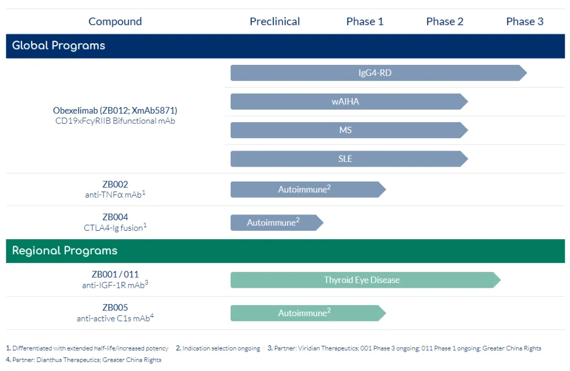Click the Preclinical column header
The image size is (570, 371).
pos(275,22)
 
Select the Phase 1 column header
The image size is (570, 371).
pos(365,22)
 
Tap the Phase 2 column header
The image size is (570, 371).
pos(444,22)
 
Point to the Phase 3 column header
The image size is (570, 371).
pos(525,22)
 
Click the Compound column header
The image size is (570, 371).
pos(115,22)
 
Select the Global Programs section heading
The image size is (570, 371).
pos(59,45)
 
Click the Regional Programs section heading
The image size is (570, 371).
pos(65,250)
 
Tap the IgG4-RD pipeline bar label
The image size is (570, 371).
pos(375,73)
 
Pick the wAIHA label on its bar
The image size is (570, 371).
pos(345,102)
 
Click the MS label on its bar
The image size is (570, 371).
pos(345,130)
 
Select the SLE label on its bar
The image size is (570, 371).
pos(345,159)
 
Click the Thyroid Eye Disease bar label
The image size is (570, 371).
pos(362,280)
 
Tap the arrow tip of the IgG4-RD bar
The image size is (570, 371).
pos(527,73)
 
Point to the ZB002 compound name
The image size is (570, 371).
pos(115,184)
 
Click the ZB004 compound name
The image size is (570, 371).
pos(115,217)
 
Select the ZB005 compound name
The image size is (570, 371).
pos(115,307)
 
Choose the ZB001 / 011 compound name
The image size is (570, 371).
pos(115,275)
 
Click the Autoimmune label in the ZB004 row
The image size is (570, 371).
pos(271,222)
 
